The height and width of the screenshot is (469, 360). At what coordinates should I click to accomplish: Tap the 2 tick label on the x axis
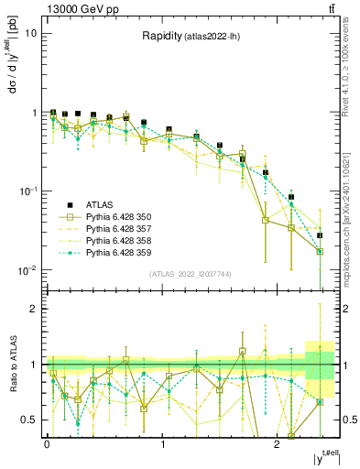pos(277,442)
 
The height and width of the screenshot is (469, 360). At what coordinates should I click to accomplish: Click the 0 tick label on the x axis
pos(47,442)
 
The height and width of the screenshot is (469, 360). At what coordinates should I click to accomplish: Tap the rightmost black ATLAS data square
pos(320,235)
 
